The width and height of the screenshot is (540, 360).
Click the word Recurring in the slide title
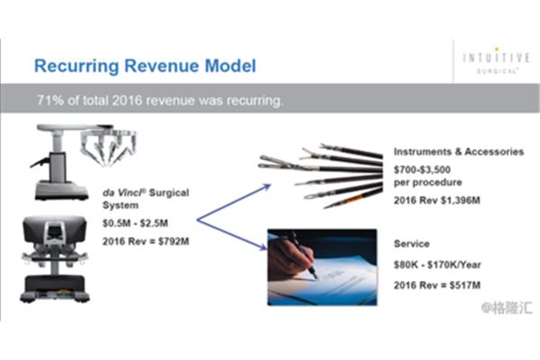coord(76,67)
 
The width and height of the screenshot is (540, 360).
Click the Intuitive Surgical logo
coord(496,60)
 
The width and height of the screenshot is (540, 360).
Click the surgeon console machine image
coord(55,258)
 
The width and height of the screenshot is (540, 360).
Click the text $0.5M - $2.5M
coord(135,223)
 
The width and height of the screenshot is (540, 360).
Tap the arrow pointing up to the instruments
coord(234,202)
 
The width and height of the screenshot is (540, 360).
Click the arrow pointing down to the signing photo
coord(232,234)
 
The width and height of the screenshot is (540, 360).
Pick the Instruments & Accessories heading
coord(459,151)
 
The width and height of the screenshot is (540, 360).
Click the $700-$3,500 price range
coord(422,169)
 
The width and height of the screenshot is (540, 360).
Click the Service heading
coord(411,244)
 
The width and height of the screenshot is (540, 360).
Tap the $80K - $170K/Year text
coord(437,265)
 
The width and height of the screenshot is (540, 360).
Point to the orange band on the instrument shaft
coord(356,198)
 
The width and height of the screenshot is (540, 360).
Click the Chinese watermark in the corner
coord(507,308)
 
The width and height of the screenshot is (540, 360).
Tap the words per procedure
coord(427,183)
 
